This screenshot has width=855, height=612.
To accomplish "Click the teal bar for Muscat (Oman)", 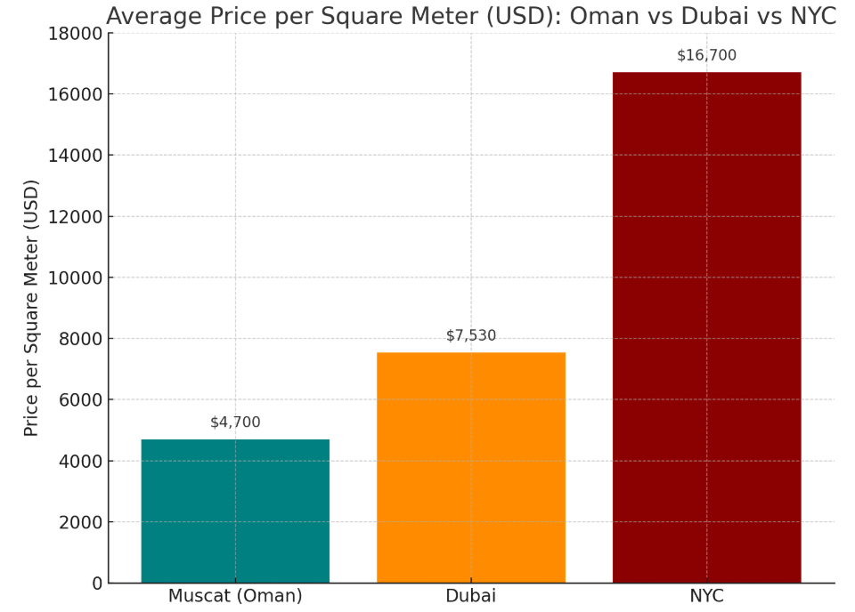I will (235, 511).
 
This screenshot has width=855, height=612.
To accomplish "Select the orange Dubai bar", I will (470, 467).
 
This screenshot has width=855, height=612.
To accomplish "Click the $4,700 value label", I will (235, 423).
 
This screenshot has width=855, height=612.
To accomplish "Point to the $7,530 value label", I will (471, 335).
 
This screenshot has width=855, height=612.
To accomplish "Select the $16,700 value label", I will (706, 55).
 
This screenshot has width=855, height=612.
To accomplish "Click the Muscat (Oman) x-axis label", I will (235, 596).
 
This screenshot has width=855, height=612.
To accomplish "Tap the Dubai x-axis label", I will (470, 596).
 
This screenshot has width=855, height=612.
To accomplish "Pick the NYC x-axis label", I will (706, 596).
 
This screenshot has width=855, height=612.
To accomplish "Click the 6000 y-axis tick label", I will (75, 400).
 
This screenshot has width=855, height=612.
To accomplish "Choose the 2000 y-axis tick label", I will (75, 522).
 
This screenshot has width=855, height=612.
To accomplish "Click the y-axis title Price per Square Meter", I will (31, 308).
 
